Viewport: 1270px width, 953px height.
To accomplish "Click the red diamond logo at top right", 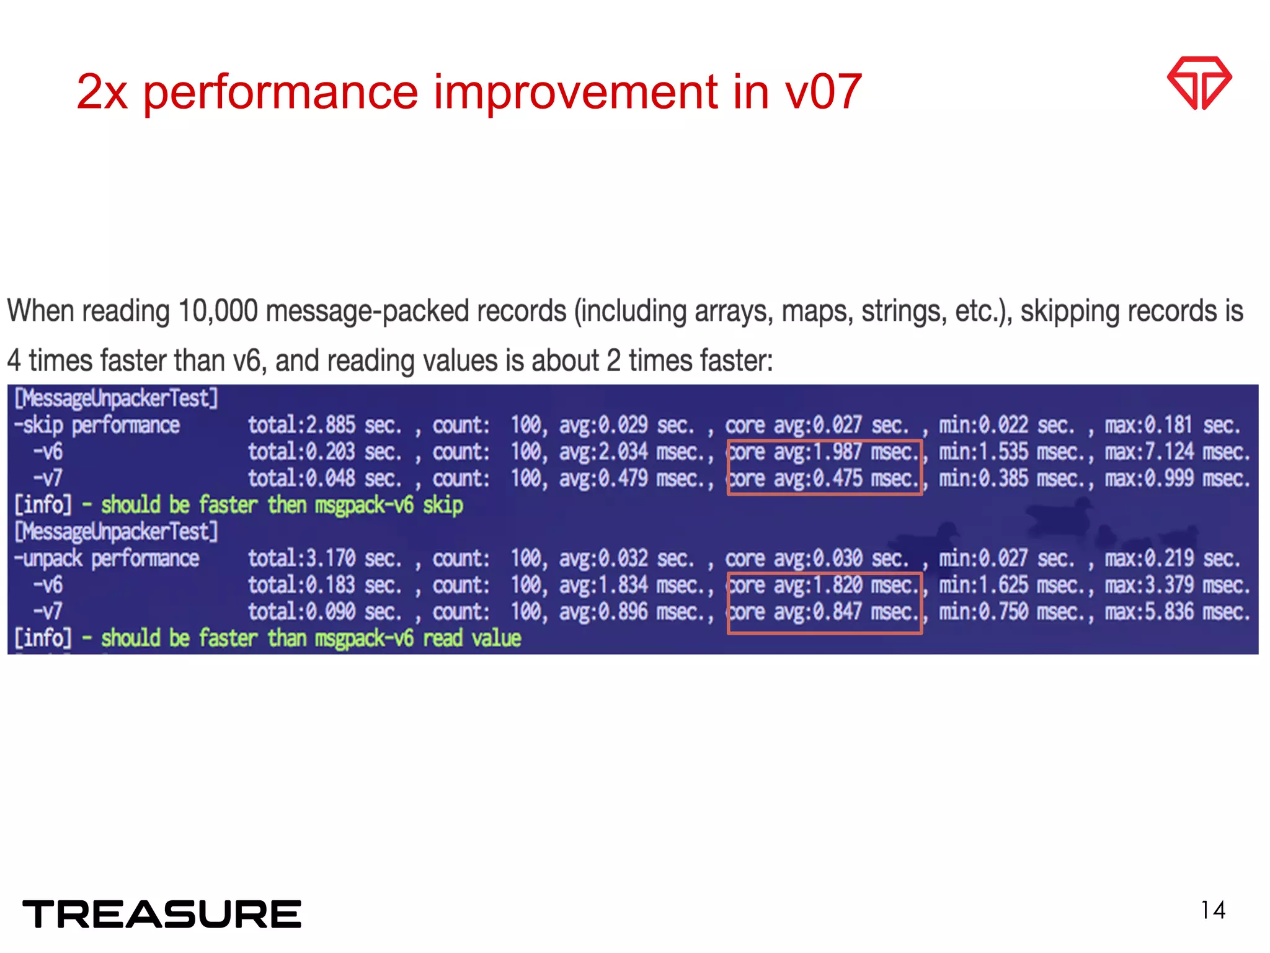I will click(1199, 83).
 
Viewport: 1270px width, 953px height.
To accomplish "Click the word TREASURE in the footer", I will click(162, 914).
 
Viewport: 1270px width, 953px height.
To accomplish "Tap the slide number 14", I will click(1213, 910).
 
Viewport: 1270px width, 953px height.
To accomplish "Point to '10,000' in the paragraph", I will click(218, 311).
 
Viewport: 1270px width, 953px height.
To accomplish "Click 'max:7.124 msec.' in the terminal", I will click(1176, 452).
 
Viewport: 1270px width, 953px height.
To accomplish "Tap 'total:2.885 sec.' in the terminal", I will click(324, 426).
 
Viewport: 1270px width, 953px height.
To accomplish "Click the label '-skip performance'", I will click(97, 426).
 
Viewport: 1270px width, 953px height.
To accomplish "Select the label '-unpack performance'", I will click(107, 558).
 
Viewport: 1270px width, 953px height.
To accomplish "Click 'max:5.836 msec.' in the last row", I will click(1176, 612).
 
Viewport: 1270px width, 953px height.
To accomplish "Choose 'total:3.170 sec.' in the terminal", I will click(324, 558).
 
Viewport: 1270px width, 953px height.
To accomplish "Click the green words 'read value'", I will click(472, 638).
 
